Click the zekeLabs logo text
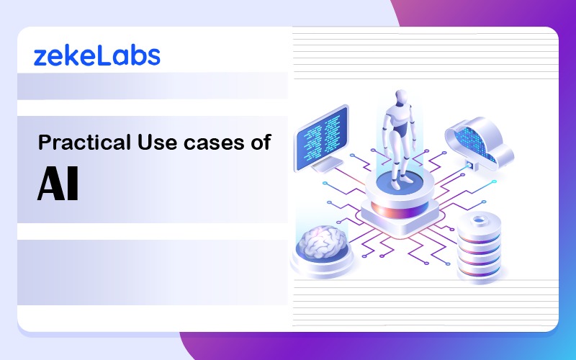(97, 57)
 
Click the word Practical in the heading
(84, 142)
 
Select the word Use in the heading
(157, 142)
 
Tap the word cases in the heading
(214, 143)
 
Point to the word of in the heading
(261, 142)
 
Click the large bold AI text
(58, 184)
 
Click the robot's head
(401, 98)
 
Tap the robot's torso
(400, 121)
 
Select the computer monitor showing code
(322, 138)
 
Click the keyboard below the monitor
(328, 164)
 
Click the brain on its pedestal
(323, 242)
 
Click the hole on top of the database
(479, 220)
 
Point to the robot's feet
(401, 183)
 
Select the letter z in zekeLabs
(40, 59)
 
